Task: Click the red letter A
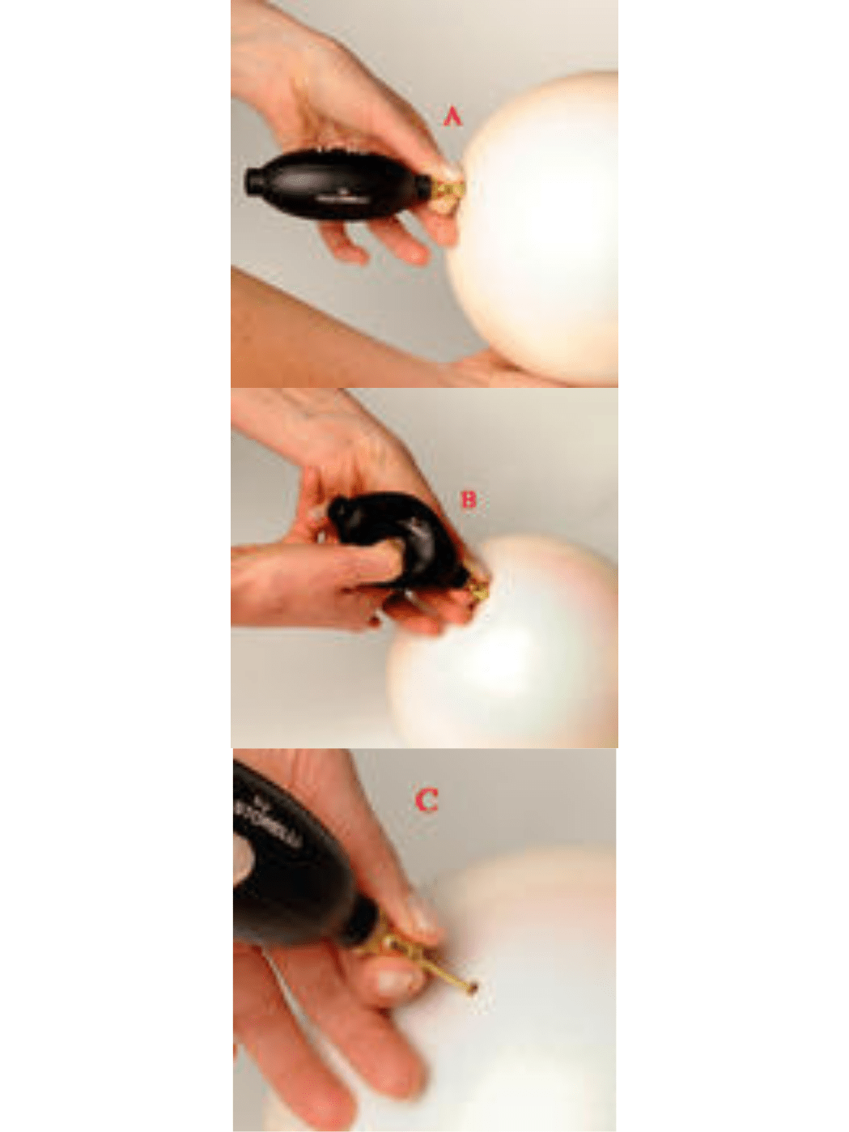pos(452,117)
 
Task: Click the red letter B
pos(469,500)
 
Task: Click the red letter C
pos(427,800)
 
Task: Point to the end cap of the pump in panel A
pos(253,180)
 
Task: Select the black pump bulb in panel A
pos(340,184)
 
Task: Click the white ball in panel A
pos(542,235)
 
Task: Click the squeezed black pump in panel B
pos(405,534)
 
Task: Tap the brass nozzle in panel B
pos(480,589)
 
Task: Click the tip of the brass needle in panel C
pos(472,987)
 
